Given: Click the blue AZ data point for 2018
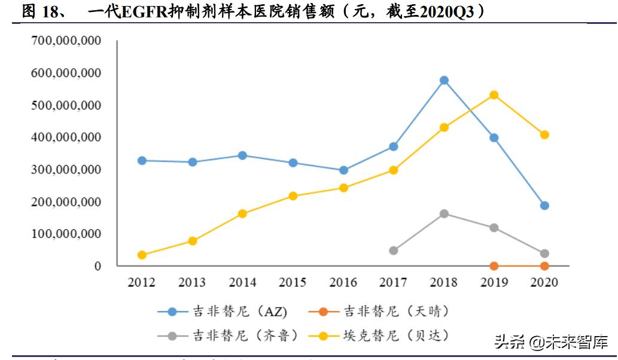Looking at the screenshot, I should (444, 80).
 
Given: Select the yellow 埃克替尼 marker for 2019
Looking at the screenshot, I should (494, 95).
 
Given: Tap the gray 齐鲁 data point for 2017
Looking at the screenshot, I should (394, 251).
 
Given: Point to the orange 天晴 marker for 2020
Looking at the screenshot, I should (544, 266).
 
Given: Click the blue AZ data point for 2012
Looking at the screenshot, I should (142, 160).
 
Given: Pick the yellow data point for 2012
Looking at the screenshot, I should (142, 255).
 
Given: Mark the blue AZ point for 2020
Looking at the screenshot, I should (544, 206).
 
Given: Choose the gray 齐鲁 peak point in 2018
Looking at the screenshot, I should (444, 213).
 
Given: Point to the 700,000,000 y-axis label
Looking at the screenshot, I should (66, 41).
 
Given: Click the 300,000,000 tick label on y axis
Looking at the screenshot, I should (66, 170).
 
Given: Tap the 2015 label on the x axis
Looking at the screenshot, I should (293, 283).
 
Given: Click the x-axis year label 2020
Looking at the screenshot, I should (544, 283).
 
